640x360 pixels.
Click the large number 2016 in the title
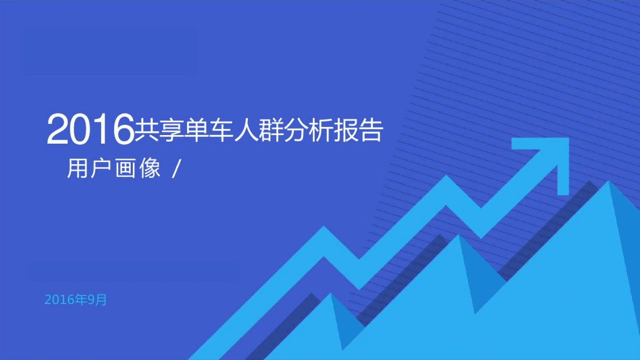(90, 130)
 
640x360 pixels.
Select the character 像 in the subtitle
(151, 169)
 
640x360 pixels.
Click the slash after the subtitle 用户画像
(174, 169)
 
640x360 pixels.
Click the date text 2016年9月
(76, 300)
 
